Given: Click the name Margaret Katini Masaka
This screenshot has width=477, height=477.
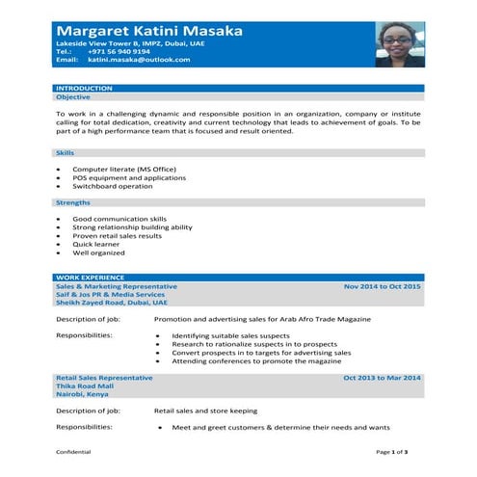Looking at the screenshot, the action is [x=149, y=31].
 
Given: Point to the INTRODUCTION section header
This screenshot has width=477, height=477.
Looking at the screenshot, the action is [x=84, y=89].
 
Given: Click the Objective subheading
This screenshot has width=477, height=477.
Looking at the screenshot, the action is [x=73, y=97].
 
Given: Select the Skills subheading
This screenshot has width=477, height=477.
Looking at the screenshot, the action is [x=66, y=153].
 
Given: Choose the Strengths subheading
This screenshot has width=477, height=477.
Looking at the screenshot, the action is [x=73, y=202].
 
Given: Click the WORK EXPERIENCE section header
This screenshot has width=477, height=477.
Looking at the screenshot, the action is [x=90, y=278].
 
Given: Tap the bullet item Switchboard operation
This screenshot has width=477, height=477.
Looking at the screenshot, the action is [x=112, y=186].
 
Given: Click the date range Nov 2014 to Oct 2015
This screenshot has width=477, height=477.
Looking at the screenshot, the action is [x=383, y=287].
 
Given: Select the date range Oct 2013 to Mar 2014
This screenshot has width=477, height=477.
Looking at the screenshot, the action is [x=383, y=377].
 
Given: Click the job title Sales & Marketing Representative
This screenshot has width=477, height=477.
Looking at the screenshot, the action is [x=117, y=287].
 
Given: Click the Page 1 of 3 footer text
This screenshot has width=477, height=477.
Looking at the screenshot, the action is [x=392, y=451].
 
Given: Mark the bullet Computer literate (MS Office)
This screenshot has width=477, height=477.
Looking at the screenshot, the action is [x=119, y=170].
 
